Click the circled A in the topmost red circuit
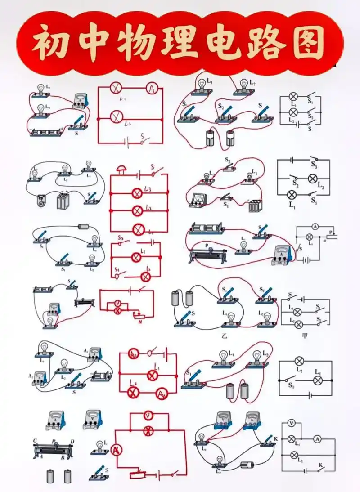click(x=152, y=89)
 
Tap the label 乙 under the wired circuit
click(x=224, y=335)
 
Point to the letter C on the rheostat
click(x=35, y=440)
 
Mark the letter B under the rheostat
click(x=63, y=458)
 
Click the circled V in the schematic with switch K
click(x=292, y=423)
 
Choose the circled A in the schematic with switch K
click(x=317, y=438)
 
